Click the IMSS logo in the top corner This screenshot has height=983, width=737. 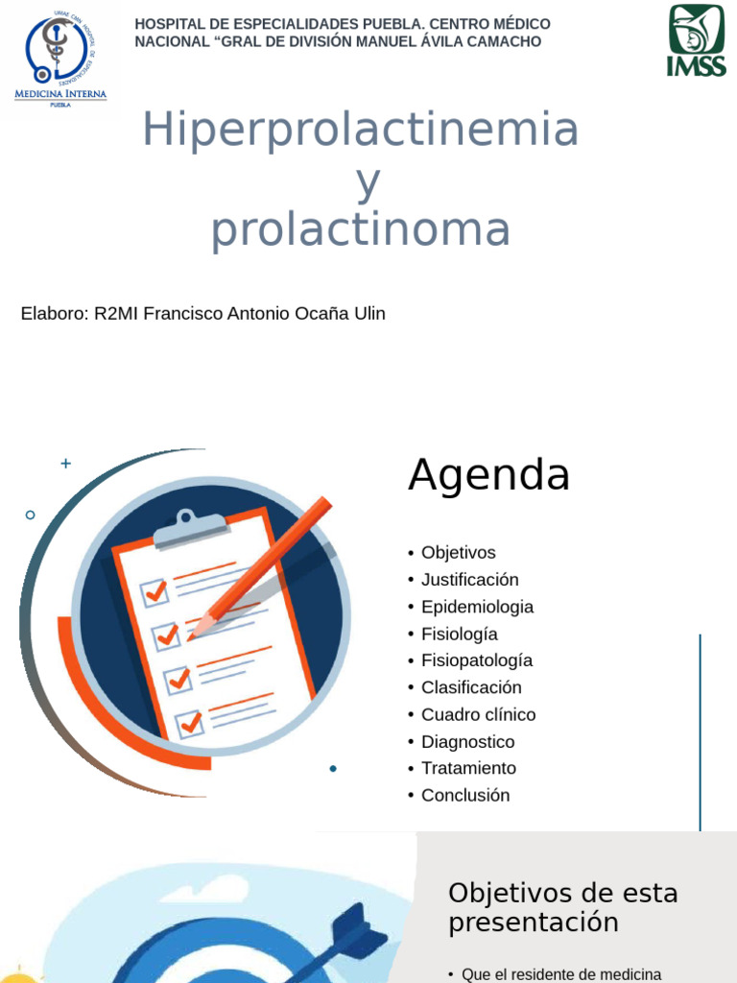click(x=696, y=40)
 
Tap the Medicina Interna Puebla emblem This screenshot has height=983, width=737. click(x=60, y=59)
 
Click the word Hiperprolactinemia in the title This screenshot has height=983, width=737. click(x=361, y=131)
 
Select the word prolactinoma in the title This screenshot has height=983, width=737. click(x=361, y=230)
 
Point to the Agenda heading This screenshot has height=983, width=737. click(x=488, y=474)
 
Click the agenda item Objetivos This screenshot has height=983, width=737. click(x=458, y=553)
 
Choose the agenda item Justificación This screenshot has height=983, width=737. click(x=469, y=580)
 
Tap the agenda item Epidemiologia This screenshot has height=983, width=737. click(x=477, y=607)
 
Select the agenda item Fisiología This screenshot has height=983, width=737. click(x=459, y=634)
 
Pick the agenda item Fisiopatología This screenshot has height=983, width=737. click(x=476, y=660)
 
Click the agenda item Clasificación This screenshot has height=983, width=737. click(x=471, y=687)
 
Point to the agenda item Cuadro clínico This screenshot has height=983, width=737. click(x=478, y=714)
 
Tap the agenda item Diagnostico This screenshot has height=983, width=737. click(x=467, y=742)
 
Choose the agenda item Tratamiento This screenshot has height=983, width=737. click(x=468, y=768)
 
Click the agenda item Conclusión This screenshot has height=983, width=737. click(x=465, y=795)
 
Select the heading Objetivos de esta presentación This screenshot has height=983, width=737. click(x=562, y=907)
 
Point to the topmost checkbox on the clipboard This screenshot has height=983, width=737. click(x=155, y=592)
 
